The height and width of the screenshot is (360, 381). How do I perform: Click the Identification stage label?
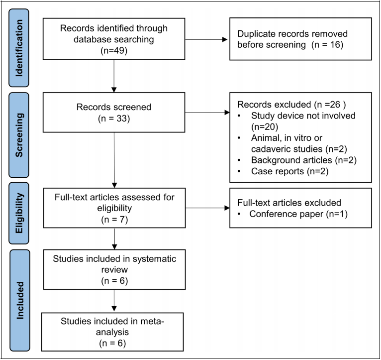click(x=19, y=48)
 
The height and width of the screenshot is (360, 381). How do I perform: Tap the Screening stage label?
click(x=19, y=135)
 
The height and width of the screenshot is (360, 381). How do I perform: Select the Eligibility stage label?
click(x=19, y=213)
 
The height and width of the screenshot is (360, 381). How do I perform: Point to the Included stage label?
click(x=20, y=300)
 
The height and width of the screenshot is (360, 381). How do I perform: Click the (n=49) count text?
click(x=114, y=50)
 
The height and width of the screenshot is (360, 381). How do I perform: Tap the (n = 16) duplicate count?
click(x=328, y=45)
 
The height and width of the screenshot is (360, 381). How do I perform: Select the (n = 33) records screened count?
click(x=114, y=119)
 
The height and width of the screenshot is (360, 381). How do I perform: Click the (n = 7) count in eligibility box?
click(x=114, y=220)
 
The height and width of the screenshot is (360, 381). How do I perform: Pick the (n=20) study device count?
click(x=265, y=127)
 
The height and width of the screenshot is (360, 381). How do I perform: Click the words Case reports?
click(x=278, y=171)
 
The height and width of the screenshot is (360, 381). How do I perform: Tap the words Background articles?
click(x=291, y=160)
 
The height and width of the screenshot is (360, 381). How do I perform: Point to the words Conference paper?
click(x=286, y=214)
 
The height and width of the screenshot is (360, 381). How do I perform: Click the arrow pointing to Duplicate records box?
click(x=206, y=39)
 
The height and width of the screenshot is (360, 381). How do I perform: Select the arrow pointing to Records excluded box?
click(x=207, y=113)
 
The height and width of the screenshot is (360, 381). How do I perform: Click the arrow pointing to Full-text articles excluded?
click(x=207, y=208)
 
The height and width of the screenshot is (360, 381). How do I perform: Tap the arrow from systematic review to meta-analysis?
click(x=114, y=300)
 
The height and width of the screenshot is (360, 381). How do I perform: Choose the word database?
click(x=93, y=39)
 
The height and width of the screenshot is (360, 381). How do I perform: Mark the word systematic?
click(x=154, y=259)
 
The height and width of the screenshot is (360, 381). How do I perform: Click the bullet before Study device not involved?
click(x=239, y=116)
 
